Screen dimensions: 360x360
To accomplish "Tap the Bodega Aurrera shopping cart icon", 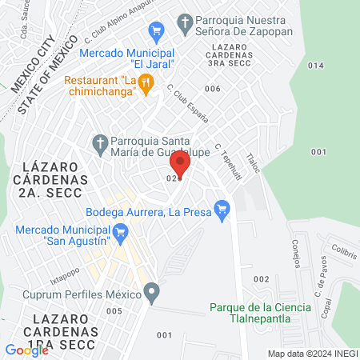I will click(223, 212).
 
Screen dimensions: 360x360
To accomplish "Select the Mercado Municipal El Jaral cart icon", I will click(157, 30).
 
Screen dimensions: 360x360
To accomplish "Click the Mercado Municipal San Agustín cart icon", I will click(122, 234).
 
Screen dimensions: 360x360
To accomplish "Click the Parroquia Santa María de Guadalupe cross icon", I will click(100, 144).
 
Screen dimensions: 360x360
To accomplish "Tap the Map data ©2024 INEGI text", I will click(311, 354).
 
